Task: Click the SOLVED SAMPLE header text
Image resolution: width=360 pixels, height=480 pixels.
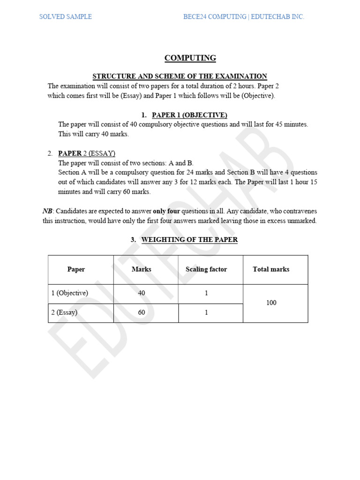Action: (65, 17)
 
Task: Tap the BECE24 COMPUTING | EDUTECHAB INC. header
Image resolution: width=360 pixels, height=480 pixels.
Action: (243, 17)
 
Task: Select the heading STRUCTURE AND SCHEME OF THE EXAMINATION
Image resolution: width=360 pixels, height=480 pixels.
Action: (180, 76)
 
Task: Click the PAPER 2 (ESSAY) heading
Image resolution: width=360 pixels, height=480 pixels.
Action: (87, 153)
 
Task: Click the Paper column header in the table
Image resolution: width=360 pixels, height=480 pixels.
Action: (76, 270)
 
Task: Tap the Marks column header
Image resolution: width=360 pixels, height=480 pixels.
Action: (142, 270)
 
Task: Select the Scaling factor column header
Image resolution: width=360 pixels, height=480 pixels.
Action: (206, 270)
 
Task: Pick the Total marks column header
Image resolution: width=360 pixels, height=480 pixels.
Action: (271, 270)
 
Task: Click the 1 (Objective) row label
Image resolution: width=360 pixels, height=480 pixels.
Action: (70, 293)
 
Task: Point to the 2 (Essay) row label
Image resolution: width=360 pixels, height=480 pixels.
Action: (64, 313)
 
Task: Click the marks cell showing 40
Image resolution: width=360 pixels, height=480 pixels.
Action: (142, 293)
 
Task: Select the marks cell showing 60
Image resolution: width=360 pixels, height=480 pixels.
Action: (142, 313)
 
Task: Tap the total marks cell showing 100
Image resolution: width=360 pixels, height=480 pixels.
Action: (271, 303)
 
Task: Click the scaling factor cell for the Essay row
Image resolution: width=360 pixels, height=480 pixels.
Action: (206, 313)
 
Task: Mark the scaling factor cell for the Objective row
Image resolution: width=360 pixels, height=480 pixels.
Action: (206, 293)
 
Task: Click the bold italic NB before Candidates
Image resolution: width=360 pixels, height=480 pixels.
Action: (47, 211)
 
